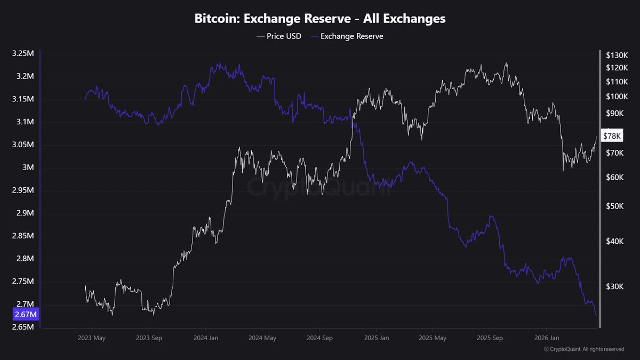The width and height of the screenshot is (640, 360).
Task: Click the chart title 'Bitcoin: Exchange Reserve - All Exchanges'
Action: click(x=319, y=19)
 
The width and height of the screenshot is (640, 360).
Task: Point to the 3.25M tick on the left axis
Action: click(x=23, y=54)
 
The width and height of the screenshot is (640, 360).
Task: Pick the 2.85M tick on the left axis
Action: click(x=23, y=236)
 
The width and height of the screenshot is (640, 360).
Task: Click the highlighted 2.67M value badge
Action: click(x=25, y=315)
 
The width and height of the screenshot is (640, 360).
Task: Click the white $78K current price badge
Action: click(x=611, y=136)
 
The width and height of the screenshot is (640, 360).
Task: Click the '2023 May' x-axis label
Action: click(x=92, y=338)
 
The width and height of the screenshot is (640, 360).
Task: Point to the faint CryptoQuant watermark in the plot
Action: click(x=319, y=187)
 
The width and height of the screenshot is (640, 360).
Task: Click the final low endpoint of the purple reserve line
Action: click(x=596, y=315)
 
